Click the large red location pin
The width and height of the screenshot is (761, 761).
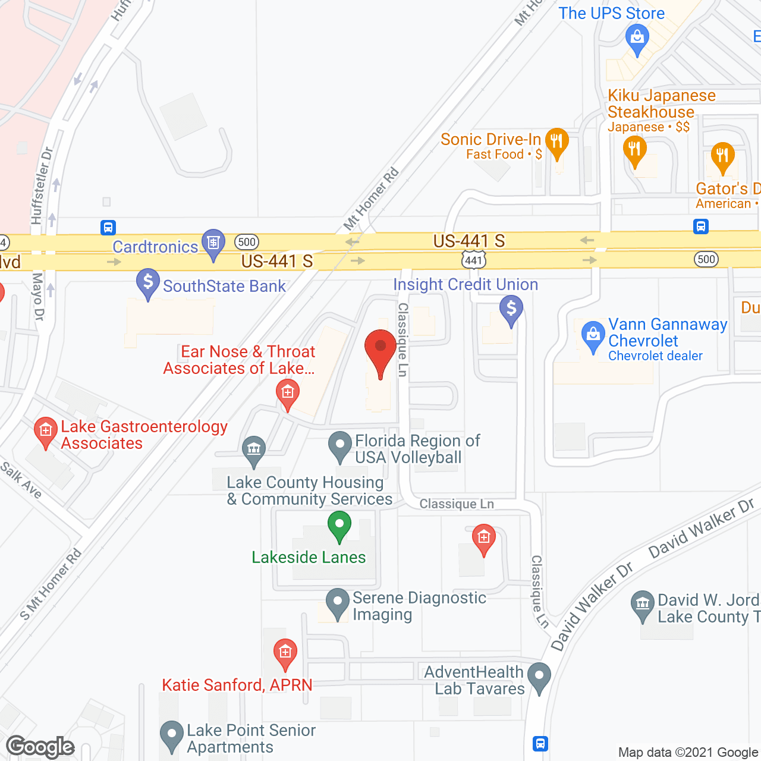[x=380, y=351]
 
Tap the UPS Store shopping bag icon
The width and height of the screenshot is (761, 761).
[x=637, y=39]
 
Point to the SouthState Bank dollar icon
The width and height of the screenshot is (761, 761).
[x=148, y=283]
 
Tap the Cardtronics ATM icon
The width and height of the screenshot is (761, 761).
[x=213, y=243]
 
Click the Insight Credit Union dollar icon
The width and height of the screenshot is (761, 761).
[x=511, y=310]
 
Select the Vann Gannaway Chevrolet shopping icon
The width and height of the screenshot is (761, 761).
[x=593, y=335]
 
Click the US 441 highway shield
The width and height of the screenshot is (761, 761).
[x=474, y=260]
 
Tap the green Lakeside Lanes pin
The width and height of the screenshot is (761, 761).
[x=339, y=526]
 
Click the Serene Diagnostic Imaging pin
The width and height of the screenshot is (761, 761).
[x=338, y=602]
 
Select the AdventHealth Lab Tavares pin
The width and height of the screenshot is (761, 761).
[x=539, y=677]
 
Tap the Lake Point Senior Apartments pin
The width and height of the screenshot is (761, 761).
[x=172, y=735]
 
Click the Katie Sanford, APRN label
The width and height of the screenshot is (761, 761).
[x=237, y=685]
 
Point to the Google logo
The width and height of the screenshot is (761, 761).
[x=40, y=747]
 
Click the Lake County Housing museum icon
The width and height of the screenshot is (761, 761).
[x=254, y=451]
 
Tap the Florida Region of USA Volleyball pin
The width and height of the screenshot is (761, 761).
[x=340, y=445]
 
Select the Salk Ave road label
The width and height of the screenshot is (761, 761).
[x=21, y=480]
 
